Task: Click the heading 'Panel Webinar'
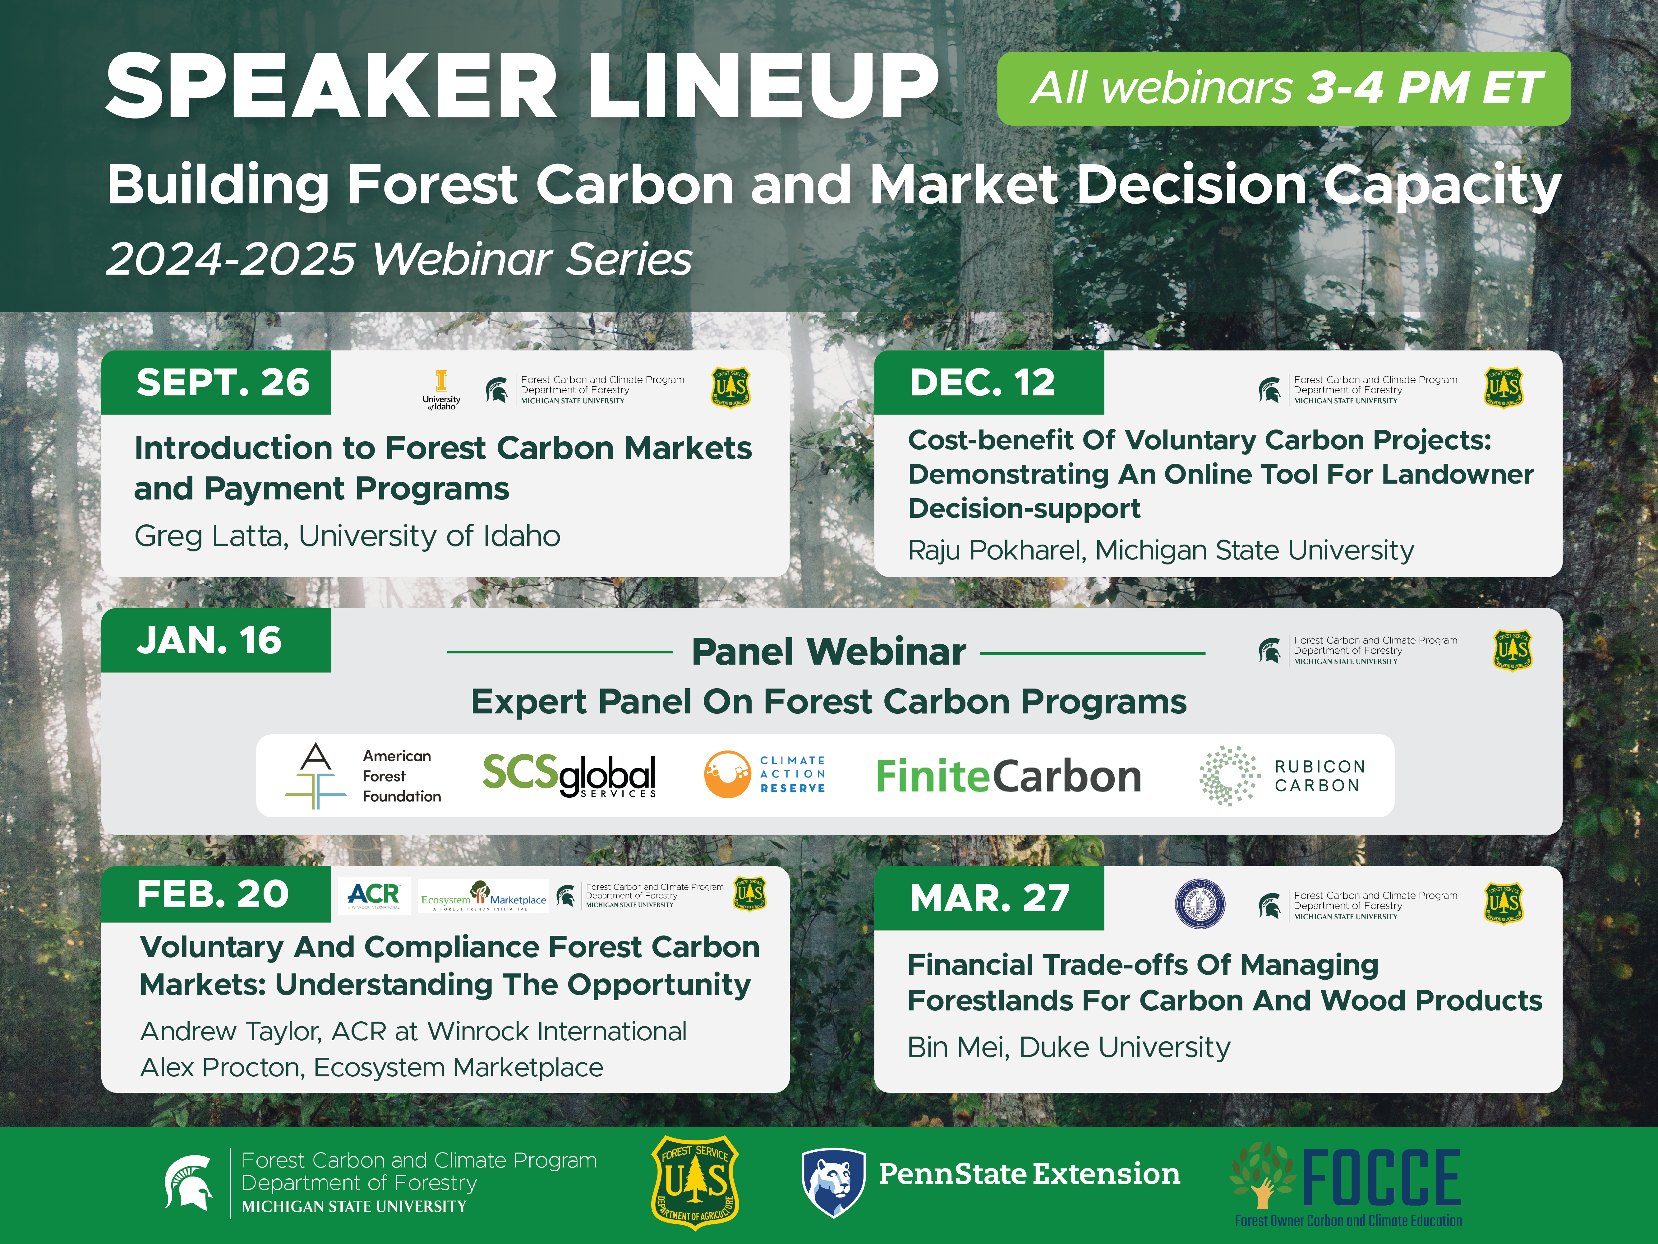[828, 652]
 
